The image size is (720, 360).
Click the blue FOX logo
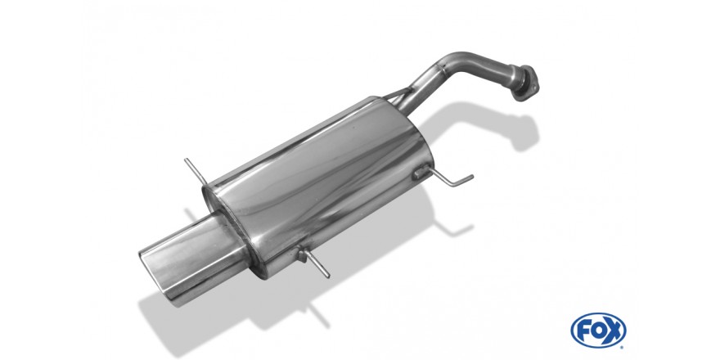pyautogui.click(x=598, y=331)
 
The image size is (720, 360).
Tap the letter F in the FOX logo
pyautogui.click(x=583, y=331)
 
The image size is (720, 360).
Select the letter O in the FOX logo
pyautogui.click(x=597, y=331)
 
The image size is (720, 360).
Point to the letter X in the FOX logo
pyautogui.click(x=613, y=331)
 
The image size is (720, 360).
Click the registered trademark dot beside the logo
pyautogui.click(x=623, y=347)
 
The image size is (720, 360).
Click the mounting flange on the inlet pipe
pyautogui.click(x=524, y=83)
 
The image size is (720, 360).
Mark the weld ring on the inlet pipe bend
pyautogui.click(x=441, y=69)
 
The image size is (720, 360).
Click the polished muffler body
pyautogui.click(x=317, y=183)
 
